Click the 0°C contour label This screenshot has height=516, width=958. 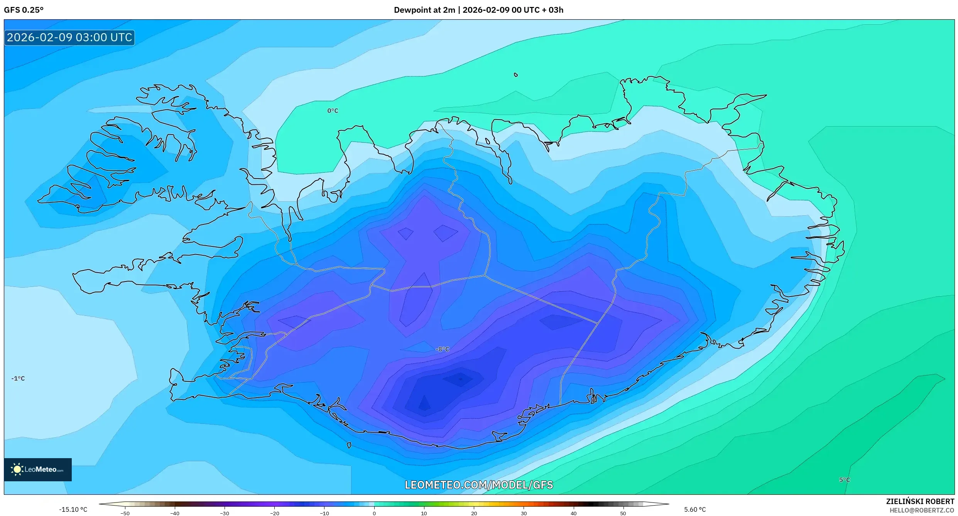[333, 111]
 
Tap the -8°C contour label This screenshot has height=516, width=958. [442, 349]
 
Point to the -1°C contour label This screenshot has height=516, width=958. [18, 378]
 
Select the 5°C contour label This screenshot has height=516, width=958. [844, 480]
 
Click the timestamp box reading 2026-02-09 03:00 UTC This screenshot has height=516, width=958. [69, 37]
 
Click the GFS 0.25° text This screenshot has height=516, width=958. [24, 10]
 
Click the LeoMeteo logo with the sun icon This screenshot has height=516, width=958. [37, 469]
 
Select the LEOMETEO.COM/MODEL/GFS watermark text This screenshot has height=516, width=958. [478, 485]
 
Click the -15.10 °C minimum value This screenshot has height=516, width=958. [73, 509]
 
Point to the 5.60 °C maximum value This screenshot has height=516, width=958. [695, 509]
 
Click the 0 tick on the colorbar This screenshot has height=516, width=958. [374, 513]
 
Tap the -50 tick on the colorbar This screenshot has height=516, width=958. [125, 513]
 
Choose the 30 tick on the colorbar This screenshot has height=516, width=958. [524, 513]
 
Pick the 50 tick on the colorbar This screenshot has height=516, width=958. [623, 513]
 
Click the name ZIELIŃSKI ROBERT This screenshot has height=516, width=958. [920, 501]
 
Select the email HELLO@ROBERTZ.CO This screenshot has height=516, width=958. [922, 510]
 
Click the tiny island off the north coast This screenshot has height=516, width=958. [516, 75]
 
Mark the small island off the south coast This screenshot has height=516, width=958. [349, 445]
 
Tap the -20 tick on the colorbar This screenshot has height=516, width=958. [274, 513]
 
